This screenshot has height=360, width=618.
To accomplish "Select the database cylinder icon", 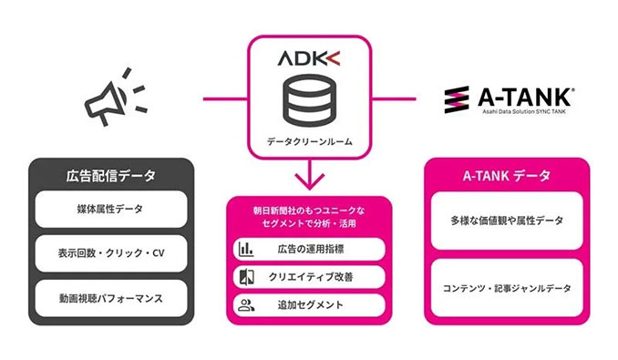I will point(309,101).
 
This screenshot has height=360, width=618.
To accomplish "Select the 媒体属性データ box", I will point(110,210).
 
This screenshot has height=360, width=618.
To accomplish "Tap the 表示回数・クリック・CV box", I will point(110,252).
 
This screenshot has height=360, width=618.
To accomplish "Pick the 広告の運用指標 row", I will point(309,249).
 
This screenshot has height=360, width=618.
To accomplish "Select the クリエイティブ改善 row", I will point(309,277).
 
